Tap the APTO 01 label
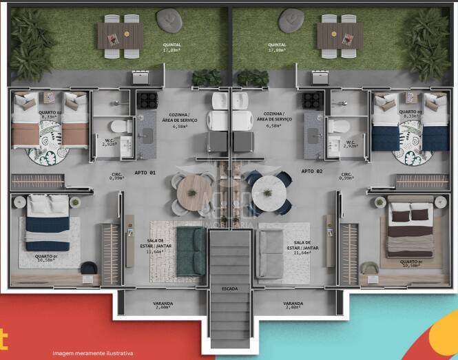tap(143, 171)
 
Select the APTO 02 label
tap(312, 171)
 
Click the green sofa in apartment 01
tap(190, 252)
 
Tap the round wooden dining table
tap(192, 192)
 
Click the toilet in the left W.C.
tap(121, 127)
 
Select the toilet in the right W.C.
tap(337, 127)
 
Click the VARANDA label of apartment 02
tap(293, 305)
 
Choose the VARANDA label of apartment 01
tap(163, 305)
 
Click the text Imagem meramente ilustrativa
tap(93, 353)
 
